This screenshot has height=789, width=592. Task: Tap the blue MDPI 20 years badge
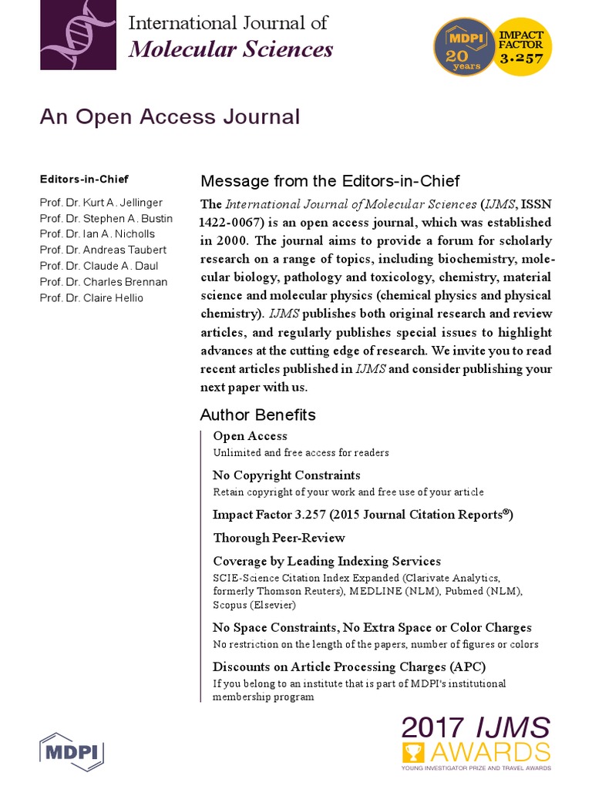tap(462, 47)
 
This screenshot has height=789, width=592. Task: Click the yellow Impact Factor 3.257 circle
tap(522, 47)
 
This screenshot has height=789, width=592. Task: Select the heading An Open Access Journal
tap(170, 117)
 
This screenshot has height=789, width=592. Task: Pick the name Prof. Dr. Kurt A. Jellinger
tap(101, 203)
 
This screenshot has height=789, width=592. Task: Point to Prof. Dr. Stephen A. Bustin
tap(106, 218)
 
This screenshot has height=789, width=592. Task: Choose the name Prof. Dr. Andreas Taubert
tap(103, 250)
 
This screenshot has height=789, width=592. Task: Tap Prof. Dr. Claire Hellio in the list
tap(91, 297)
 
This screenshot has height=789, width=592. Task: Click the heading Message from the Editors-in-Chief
tap(329, 181)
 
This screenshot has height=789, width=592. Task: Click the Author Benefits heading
tap(257, 415)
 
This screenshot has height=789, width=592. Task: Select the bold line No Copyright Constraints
tap(286, 475)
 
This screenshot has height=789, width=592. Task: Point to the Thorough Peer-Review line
tap(278, 538)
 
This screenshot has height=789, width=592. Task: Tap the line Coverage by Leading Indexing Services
tap(326, 561)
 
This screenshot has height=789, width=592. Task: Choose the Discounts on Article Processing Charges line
tap(349, 666)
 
